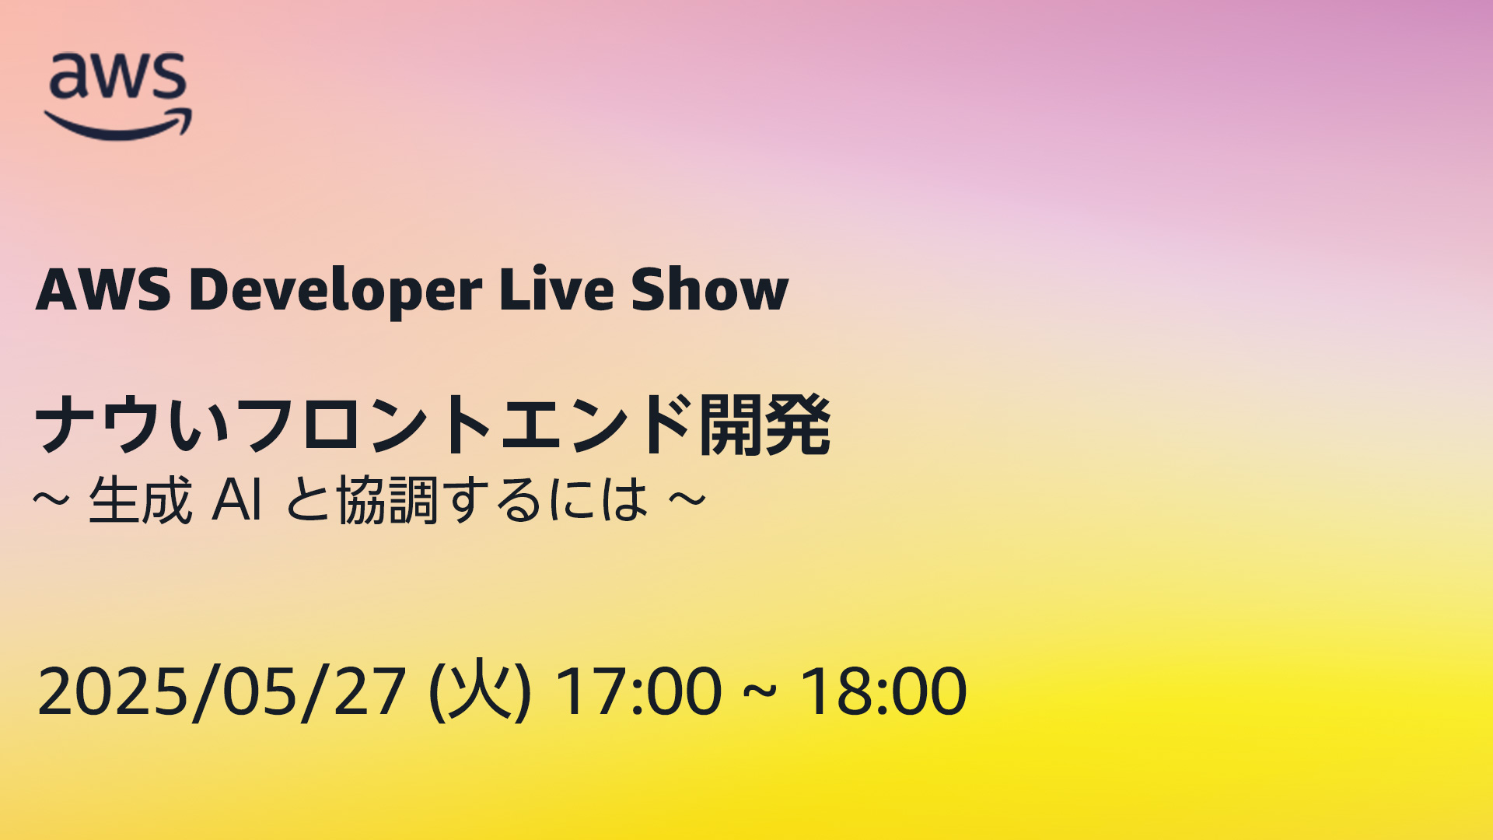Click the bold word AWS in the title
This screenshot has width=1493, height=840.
point(103,289)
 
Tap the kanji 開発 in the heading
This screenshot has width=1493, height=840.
point(765,425)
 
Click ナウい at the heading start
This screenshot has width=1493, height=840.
point(133,425)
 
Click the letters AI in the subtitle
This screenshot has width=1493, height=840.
point(236,499)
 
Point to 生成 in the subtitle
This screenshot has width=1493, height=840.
point(141,500)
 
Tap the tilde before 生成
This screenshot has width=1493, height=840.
point(51,499)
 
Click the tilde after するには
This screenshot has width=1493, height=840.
point(687,499)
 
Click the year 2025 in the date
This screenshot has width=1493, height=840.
point(113,691)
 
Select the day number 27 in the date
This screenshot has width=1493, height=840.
point(370,691)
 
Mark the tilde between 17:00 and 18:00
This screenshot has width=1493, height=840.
point(760,691)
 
